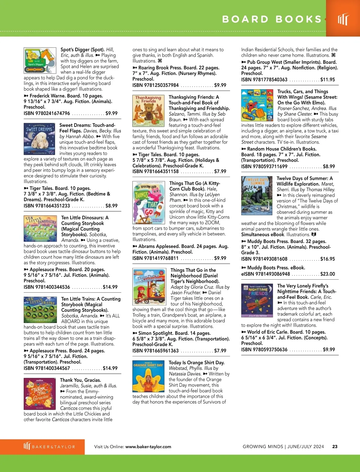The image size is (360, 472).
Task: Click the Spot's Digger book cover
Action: click(40, 60)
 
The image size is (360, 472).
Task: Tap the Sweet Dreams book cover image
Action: click(39, 139)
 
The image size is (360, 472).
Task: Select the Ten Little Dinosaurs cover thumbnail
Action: click(40, 228)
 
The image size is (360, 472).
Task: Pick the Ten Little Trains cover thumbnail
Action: click(40, 310)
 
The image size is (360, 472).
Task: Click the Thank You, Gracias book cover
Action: click(40, 394)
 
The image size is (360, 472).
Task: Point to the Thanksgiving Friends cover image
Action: click(148, 111)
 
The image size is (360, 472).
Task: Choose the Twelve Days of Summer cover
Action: click(257, 195)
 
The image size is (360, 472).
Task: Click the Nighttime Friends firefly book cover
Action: click(257, 300)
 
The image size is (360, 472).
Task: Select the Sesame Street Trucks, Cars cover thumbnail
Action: click(257, 105)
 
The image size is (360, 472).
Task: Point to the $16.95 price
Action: click(328, 259)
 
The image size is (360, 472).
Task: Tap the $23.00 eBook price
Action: click(328, 274)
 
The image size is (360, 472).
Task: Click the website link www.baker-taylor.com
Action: click(148, 447)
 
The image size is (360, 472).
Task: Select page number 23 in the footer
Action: click(335, 447)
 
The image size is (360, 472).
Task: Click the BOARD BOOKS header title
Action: click(272, 19)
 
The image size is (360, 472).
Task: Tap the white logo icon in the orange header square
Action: click(343, 19)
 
